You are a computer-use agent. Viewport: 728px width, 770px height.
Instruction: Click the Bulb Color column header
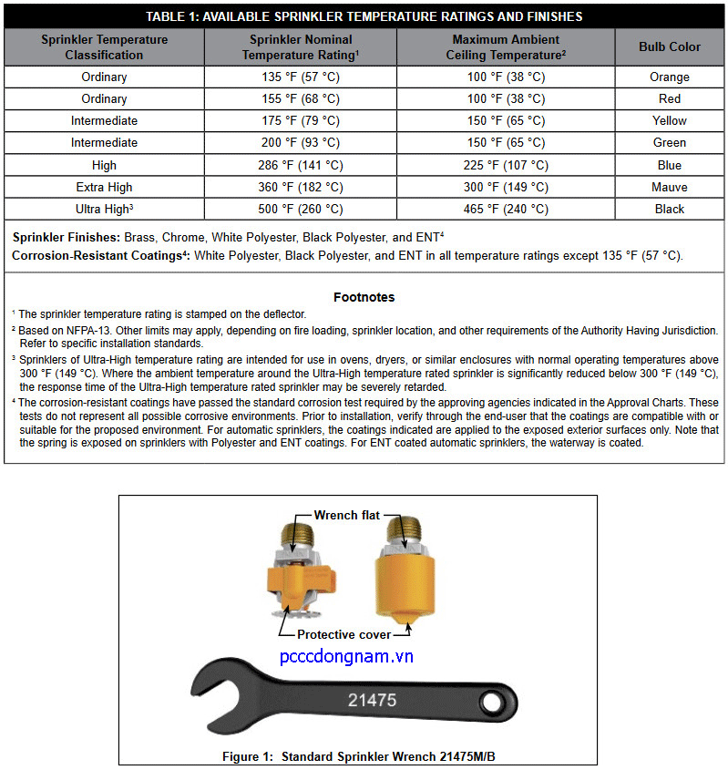(670, 47)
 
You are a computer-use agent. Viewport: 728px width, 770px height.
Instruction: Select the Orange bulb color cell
(670, 77)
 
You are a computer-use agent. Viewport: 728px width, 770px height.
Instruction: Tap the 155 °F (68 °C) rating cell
(300, 99)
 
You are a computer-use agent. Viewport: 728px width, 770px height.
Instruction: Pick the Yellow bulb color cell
(670, 121)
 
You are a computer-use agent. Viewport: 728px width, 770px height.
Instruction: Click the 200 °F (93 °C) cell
(300, 143)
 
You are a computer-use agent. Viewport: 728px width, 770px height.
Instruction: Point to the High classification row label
(105, 165)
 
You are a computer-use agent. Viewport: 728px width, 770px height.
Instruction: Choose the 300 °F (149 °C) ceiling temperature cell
(506, 187)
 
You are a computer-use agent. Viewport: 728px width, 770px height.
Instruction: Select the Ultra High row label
(103, 209)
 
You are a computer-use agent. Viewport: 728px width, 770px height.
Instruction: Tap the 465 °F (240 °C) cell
(506, 209)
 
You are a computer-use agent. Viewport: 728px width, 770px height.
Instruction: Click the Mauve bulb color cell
(670, 187)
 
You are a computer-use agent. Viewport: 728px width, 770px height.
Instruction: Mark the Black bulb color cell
(670, 209)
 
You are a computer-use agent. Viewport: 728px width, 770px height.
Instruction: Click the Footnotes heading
(364, 297)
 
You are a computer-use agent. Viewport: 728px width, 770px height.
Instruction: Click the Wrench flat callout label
(347, 516)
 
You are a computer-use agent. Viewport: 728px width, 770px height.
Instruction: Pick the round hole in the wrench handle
(493, 703)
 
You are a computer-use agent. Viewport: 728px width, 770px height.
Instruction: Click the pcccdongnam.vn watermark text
(346, 657)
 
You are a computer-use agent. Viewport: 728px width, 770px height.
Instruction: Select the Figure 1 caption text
(364, 756)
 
